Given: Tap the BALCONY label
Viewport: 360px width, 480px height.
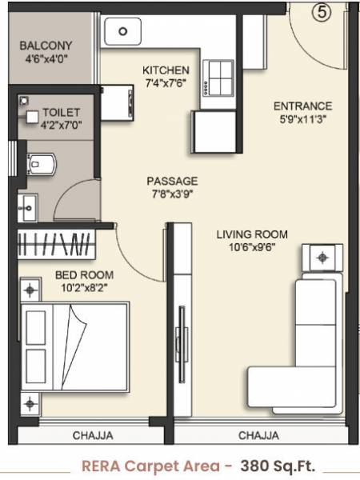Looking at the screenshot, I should pos(46,46).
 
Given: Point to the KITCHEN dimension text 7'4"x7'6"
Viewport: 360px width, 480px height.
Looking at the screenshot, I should pos(166,83).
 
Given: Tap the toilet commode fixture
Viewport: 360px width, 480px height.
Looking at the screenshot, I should pos(42,162).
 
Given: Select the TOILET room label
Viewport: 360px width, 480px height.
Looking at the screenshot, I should pos(61,113).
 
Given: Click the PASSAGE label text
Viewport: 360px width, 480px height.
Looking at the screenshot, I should pos(171,181).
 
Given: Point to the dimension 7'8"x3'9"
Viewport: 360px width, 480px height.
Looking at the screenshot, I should pos(171,194).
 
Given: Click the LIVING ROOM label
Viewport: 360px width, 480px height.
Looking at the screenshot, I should pos(252,234).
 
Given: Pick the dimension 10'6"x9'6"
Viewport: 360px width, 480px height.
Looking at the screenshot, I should pos(252,247).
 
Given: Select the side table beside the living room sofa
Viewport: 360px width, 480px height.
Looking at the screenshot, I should pos(322,258).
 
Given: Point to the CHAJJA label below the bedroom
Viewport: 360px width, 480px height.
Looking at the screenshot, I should pos(93,436).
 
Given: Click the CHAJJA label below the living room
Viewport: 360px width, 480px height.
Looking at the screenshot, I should pos(259,436).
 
